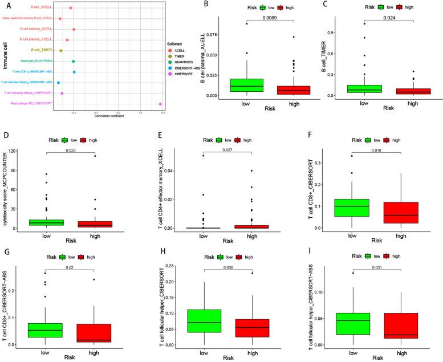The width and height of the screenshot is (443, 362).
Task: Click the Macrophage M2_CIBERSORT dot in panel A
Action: (x=161, y=104)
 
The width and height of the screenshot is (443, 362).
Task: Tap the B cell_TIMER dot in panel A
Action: (x=61, y=51)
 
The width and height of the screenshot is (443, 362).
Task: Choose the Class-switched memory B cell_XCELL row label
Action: (x=27, y=19)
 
